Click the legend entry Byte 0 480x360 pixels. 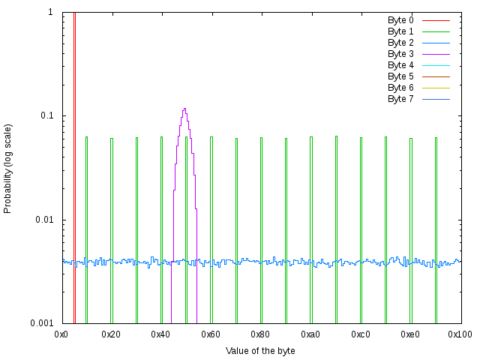coord(400,20)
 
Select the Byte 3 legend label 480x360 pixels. coord(400,54)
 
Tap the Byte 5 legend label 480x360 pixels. coord(400,76)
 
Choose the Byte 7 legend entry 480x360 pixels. coord(400,99)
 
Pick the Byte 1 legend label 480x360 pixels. coord(400,31)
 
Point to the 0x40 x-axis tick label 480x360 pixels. coord(161,334)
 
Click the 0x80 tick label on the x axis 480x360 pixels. coord(261,334)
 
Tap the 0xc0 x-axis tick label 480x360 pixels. coord(361,334)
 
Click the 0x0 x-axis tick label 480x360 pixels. coord(61,334)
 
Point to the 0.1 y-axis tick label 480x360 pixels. coord(46,116)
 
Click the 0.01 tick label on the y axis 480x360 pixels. coord(43,220)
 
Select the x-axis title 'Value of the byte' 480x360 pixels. coord(261,351)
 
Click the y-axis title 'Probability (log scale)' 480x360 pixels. coord(8,168)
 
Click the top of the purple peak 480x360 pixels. coord(184,109)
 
